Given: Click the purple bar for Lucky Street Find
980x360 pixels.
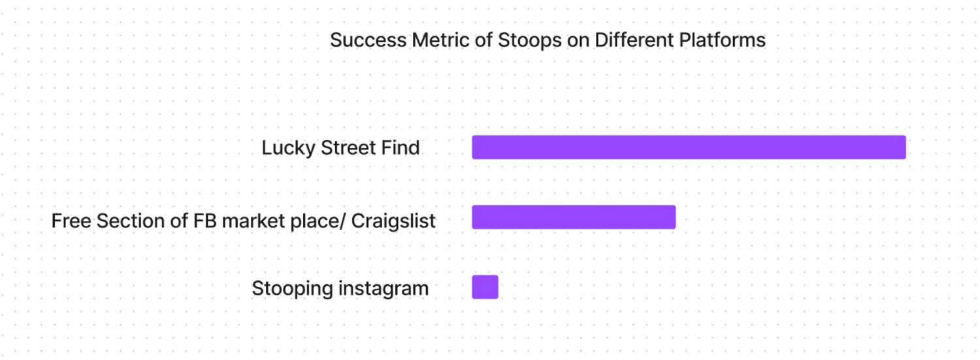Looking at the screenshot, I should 689,147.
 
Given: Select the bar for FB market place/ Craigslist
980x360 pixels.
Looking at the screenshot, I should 574,217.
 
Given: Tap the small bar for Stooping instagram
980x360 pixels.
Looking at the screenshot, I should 485,287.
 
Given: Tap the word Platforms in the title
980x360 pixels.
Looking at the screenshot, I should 722,41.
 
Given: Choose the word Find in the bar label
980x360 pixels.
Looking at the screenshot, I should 400,148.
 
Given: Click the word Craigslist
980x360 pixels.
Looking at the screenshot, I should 393,221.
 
